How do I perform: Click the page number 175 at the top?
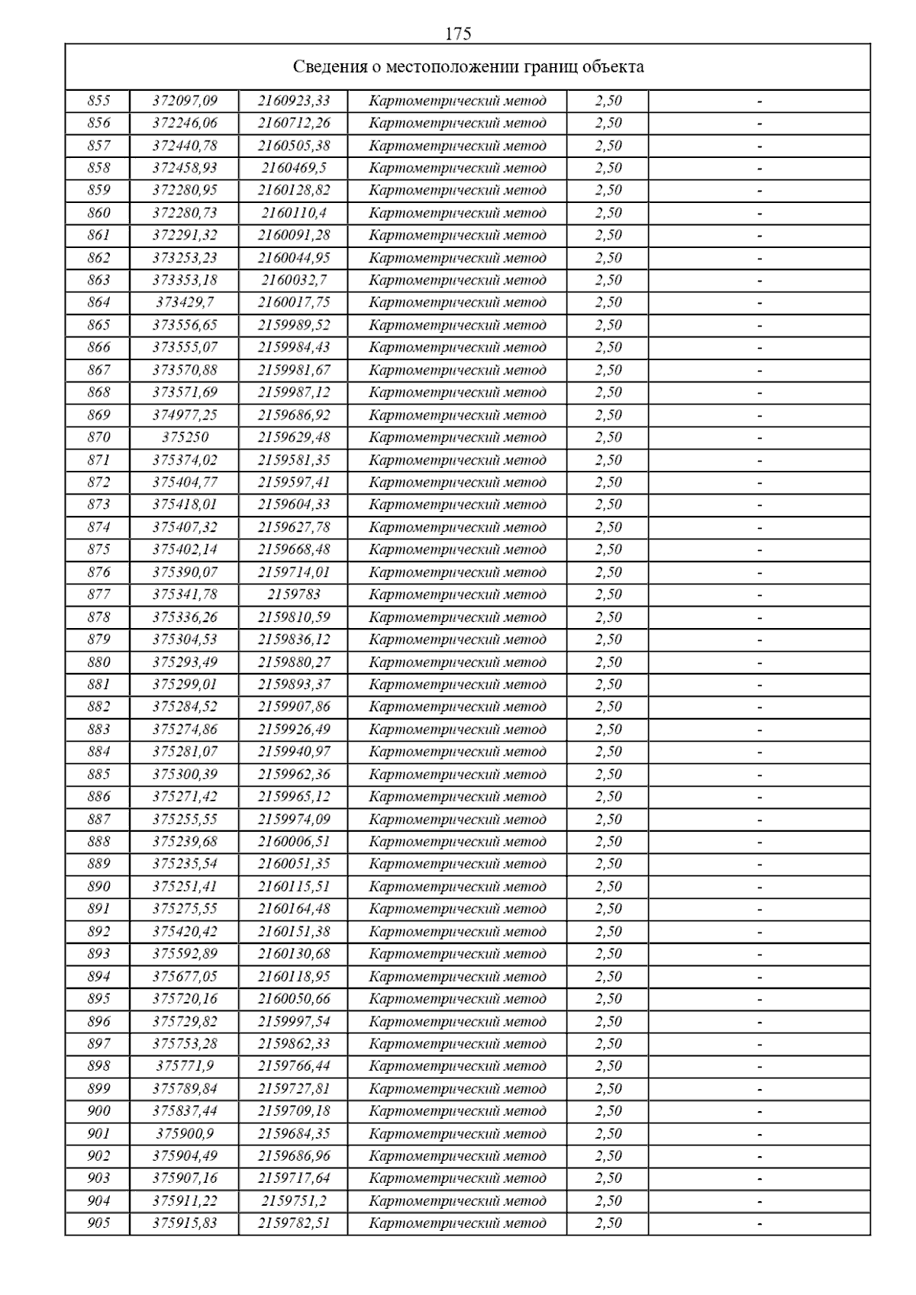click(458, 34)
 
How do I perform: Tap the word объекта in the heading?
click(613, 67)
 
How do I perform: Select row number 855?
click(98, 101)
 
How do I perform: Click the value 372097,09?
click(185, 101)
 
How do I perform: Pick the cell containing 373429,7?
click(185, 302)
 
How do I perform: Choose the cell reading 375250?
click(185, 437)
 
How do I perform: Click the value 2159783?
click(294, 594)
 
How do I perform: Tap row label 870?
click(98, 437)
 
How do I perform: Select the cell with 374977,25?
click(185, 415)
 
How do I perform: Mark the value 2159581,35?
click(294, 460)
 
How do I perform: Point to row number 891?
click(98, 909)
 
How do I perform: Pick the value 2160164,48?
click(294, 909)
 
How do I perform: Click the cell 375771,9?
click(185, 1066)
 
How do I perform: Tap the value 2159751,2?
click(294, 1200)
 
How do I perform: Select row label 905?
click(98, 1223)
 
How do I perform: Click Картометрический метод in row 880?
click(457, 662)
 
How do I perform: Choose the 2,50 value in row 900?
click(608, 1111)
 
